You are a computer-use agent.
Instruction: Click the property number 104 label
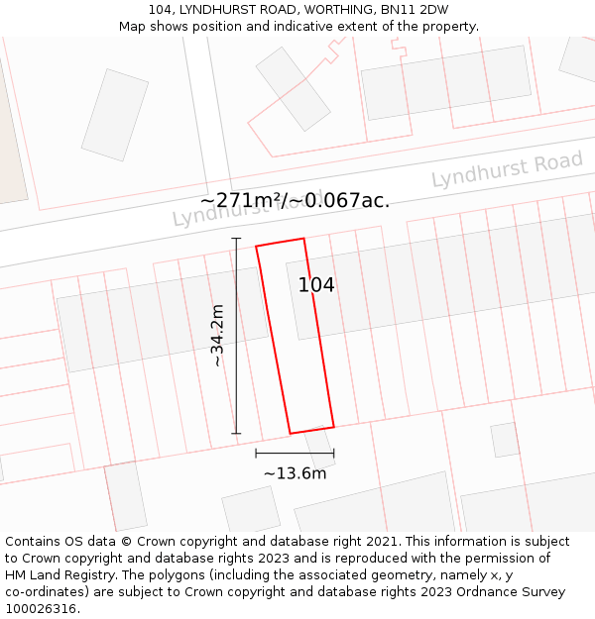pos(316,285)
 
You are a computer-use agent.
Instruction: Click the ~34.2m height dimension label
pos(217,336)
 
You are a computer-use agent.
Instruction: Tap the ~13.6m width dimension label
pos(295,473)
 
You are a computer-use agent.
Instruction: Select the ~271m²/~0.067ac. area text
pos(295,201)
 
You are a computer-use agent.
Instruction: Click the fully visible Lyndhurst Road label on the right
pos(507,169)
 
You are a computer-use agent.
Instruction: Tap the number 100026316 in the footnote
pos(40,609)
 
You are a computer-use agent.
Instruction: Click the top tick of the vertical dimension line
pos(236,239)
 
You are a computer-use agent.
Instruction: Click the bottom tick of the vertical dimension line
pos(236,433)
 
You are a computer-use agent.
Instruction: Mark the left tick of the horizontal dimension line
pos(256,454)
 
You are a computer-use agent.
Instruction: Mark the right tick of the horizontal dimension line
pos(333,454)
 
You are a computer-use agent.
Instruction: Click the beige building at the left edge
pos(10,139)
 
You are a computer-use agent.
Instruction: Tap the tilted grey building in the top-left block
pos(114,115)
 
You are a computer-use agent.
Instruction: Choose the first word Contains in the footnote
pos(35,542)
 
